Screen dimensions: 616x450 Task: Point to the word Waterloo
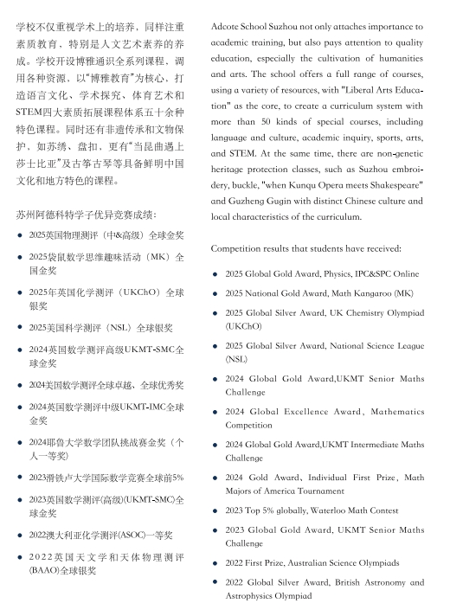click(x=336, y=510)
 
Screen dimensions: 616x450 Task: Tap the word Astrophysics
click(x=252, y=597)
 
